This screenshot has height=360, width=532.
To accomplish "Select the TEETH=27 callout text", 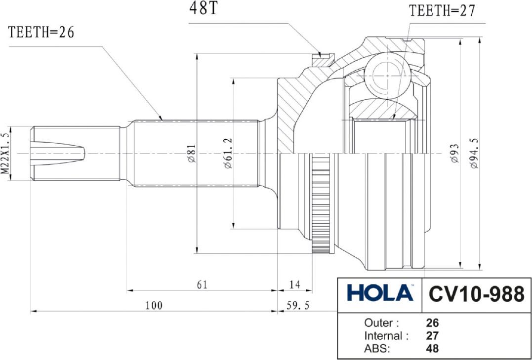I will (442, 11).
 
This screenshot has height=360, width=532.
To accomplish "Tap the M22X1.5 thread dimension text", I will (5, 153).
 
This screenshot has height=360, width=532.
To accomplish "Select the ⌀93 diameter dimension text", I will (454, 154).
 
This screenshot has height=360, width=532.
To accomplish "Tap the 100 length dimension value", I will (154, 306).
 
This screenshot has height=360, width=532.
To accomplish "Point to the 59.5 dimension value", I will (298, 306).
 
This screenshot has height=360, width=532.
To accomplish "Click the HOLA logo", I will (380, 293).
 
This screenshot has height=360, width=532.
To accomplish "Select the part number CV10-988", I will (476, 294).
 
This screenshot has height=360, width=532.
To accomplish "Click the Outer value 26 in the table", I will (432, 323).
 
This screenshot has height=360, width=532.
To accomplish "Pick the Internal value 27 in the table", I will (432, 336).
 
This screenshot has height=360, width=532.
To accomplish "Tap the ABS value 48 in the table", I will (432, 349).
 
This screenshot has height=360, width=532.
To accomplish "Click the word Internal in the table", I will (383, 336).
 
